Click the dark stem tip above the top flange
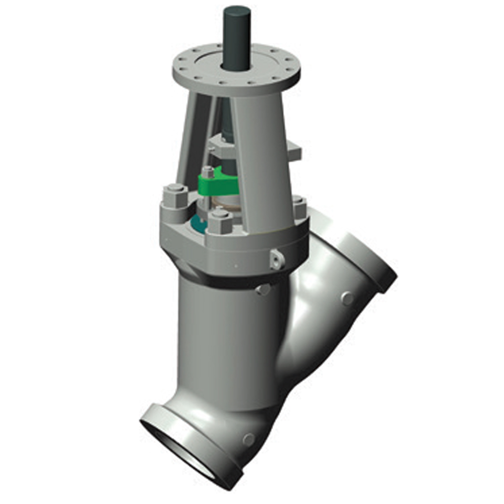click(x=237, y=30)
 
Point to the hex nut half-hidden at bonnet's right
click(x=298, y=205)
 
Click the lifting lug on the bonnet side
click(x=277, y=259)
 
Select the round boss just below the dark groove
click(x=263, y=289)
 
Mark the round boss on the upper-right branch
click(x=347, y=298)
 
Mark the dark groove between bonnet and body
click(x=227, y=278)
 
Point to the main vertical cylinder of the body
click(x=227, y=343)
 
